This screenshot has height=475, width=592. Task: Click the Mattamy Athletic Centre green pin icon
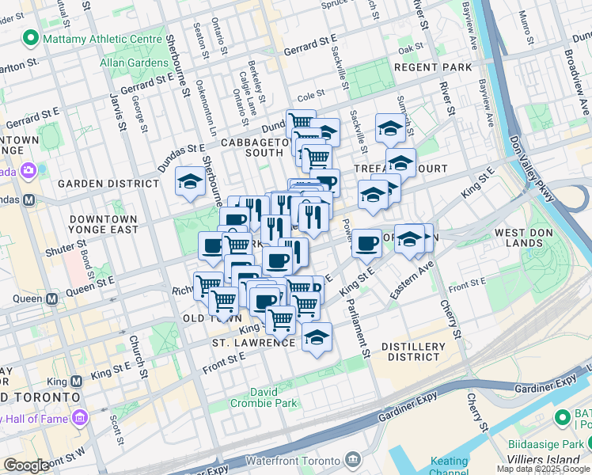coord(31,38)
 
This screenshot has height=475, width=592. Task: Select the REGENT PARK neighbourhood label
coord(432,67)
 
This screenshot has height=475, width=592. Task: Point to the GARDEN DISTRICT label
coord(109,184)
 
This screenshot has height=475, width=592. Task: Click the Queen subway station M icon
coord(52,298)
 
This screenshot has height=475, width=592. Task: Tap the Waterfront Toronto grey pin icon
coord(352,460)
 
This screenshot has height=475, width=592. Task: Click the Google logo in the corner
coord(26,465)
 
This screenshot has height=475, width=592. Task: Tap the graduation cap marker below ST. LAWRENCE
coord(317,337)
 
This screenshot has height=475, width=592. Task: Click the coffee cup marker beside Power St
coord(366,243)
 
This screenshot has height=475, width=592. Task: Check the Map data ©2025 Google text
coord(543,469)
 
